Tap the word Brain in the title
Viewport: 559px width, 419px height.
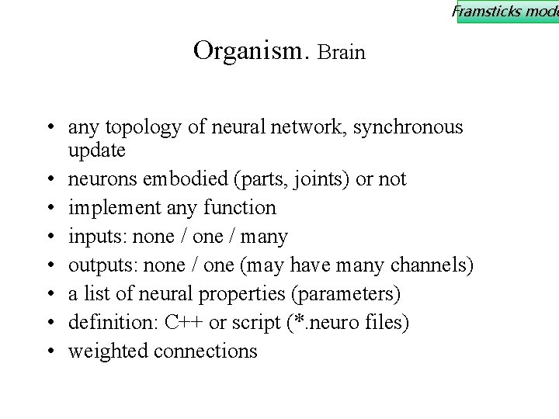[x=342, y=53]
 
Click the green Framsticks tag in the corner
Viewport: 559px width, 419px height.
[x=506, y=11]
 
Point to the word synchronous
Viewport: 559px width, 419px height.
[x=408, y=127]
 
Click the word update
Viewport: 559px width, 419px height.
[x=96, y=148]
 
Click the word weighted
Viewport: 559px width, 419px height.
[x=108, y=351]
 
